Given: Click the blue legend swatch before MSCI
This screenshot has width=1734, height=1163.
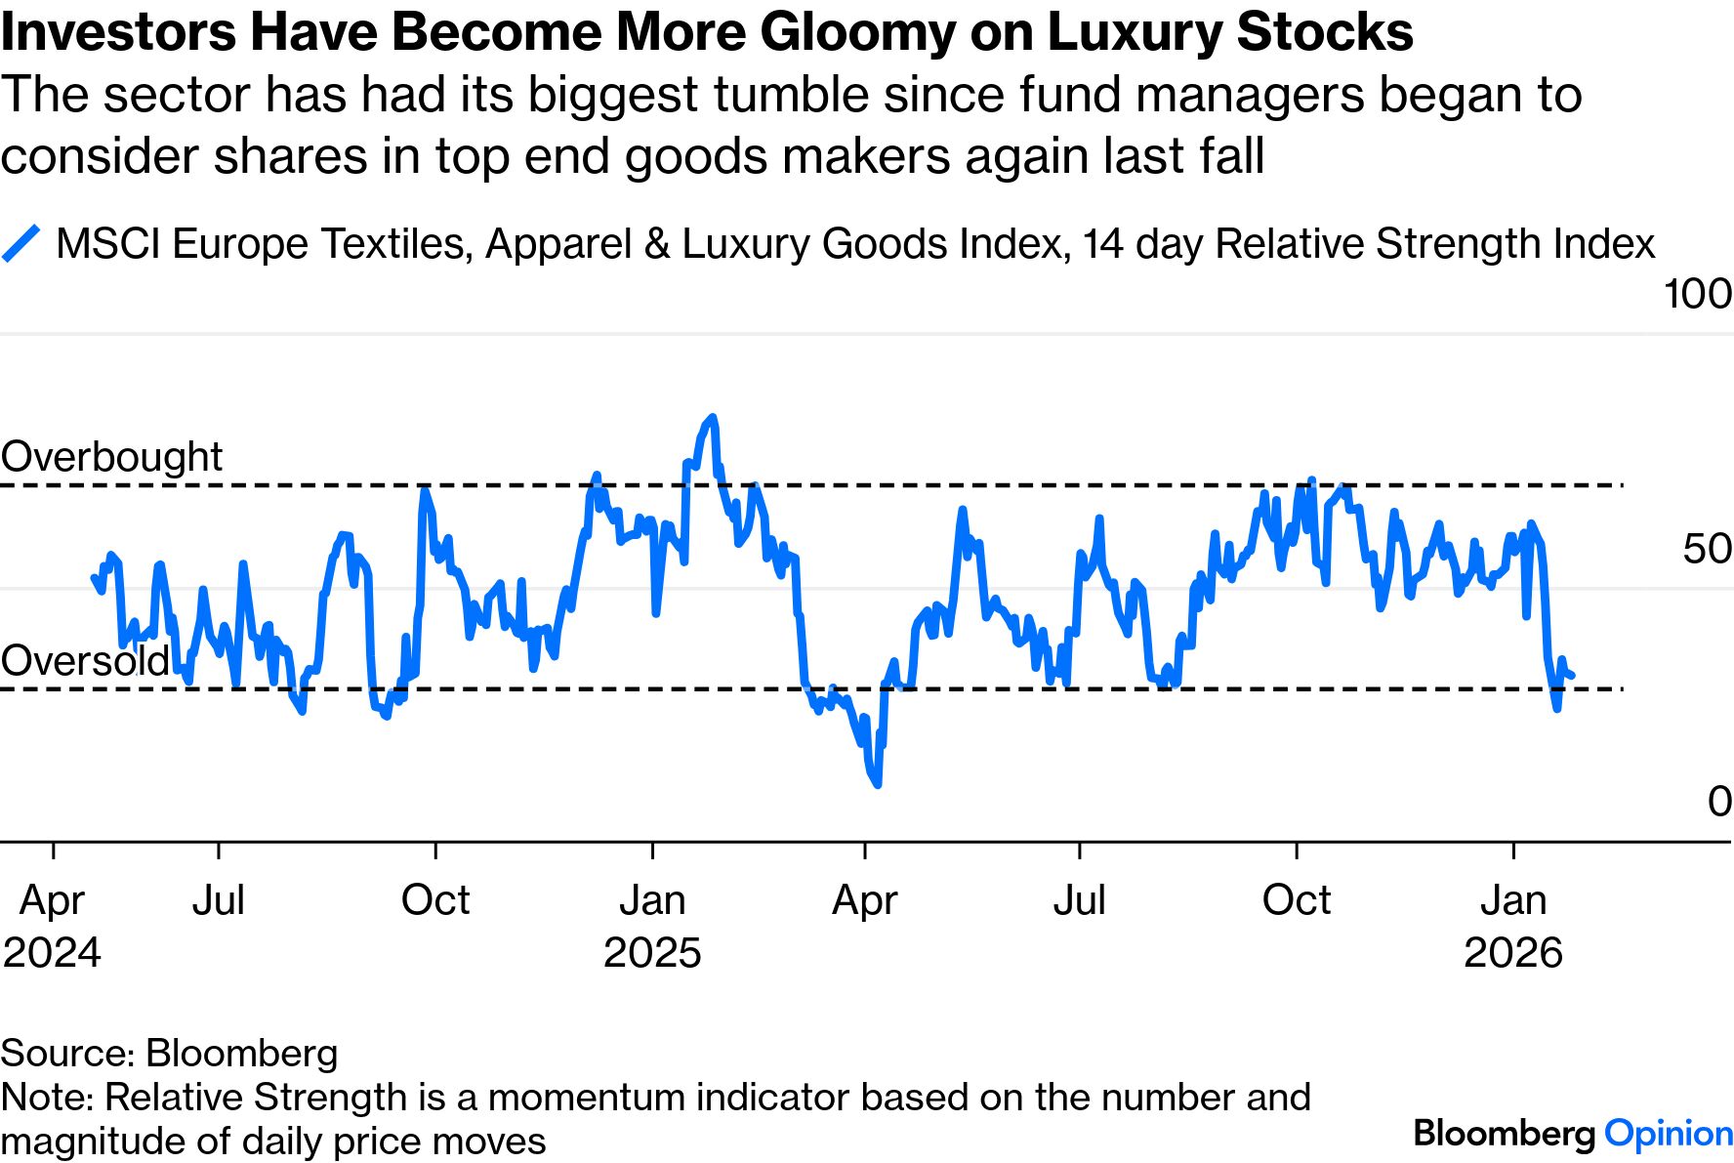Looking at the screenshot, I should click(21, 243).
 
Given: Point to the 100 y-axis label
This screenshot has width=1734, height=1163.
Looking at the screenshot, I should click(1697, 294).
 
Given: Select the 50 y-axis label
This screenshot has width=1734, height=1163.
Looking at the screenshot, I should click(1707, 549).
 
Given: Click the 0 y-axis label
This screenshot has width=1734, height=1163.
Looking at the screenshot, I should click(1719, 801).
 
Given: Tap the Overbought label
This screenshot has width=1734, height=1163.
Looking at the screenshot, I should click(111, 456).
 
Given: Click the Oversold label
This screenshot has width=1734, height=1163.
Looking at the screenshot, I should click(85, 661).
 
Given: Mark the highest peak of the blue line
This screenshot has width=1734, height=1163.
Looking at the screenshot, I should click(713, 418).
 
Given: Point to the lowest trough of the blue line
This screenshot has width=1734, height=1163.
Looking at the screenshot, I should click(878, 783).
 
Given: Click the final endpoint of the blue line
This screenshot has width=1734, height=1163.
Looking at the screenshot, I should click(1571, 675).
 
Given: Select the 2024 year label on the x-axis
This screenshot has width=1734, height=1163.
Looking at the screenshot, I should click(52, 952).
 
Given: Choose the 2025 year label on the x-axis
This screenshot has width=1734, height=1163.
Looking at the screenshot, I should click(652, 952).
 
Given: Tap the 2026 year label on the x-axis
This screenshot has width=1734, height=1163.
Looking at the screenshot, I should click(1512, 952).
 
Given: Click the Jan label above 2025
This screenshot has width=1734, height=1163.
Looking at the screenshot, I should click(652, 899).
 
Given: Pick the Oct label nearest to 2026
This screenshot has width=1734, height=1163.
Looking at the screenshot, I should click(1296, 899).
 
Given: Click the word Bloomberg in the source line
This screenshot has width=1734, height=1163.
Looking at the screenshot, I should click(241, 1053).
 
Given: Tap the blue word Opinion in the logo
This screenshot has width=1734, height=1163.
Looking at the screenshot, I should click(1668, 1133).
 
